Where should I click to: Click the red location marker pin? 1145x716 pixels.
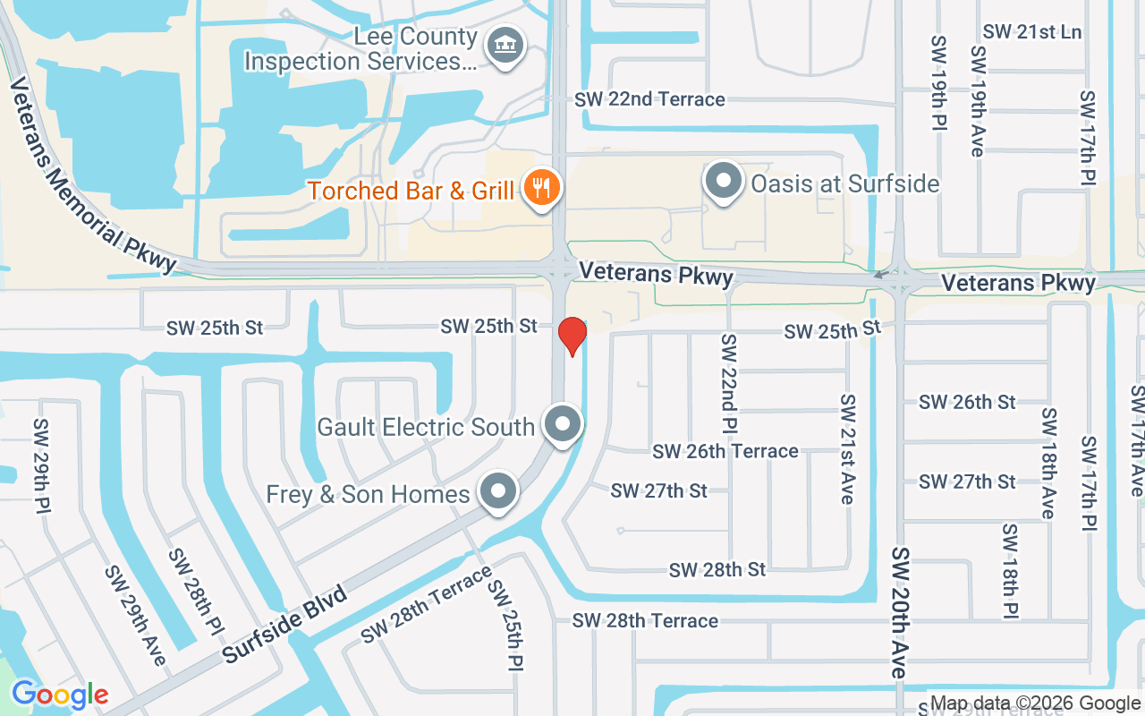click(572, 335)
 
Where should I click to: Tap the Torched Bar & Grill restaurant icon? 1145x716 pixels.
click(540, 188)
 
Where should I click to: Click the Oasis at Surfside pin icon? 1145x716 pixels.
click(723, 182)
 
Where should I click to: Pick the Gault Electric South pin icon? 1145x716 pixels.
click(564, 424)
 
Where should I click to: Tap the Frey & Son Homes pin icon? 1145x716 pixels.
click(498, 491)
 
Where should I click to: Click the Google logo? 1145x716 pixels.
click(60, 695)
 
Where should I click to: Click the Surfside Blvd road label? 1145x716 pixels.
click(284, 624)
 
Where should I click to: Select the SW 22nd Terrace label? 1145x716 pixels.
click(649, 99)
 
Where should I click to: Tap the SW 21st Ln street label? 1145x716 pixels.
click(1032, 32)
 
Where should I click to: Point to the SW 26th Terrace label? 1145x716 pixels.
click(725, 451)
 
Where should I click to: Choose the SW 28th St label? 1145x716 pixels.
click(717, 569)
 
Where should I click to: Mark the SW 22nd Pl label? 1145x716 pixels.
click(730, 381)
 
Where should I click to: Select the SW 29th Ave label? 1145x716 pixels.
click(136, 615)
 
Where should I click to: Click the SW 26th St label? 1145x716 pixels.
click(967, 403)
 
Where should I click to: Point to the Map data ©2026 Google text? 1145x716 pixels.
click(1035, 703)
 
